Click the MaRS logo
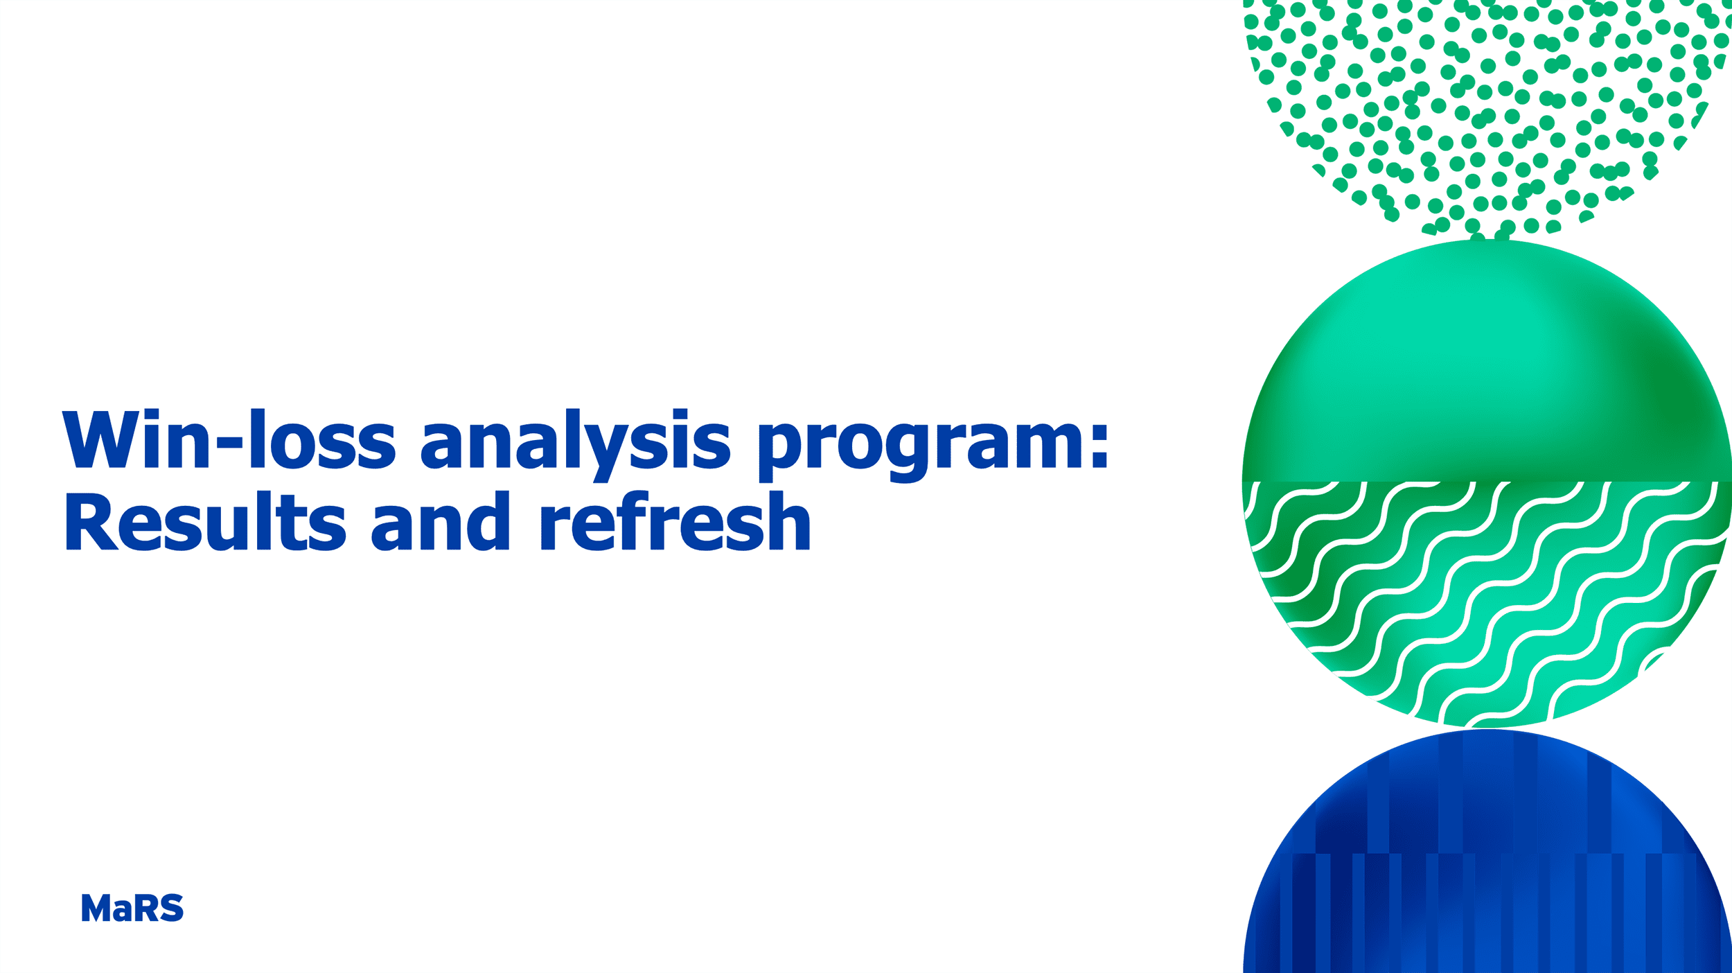pos(132,908)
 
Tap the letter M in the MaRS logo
pos(96,908)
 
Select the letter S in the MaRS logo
pos(172,908)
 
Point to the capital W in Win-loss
pos(100,439)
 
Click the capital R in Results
pos(90,522)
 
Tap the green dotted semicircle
pos(1483,104)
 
